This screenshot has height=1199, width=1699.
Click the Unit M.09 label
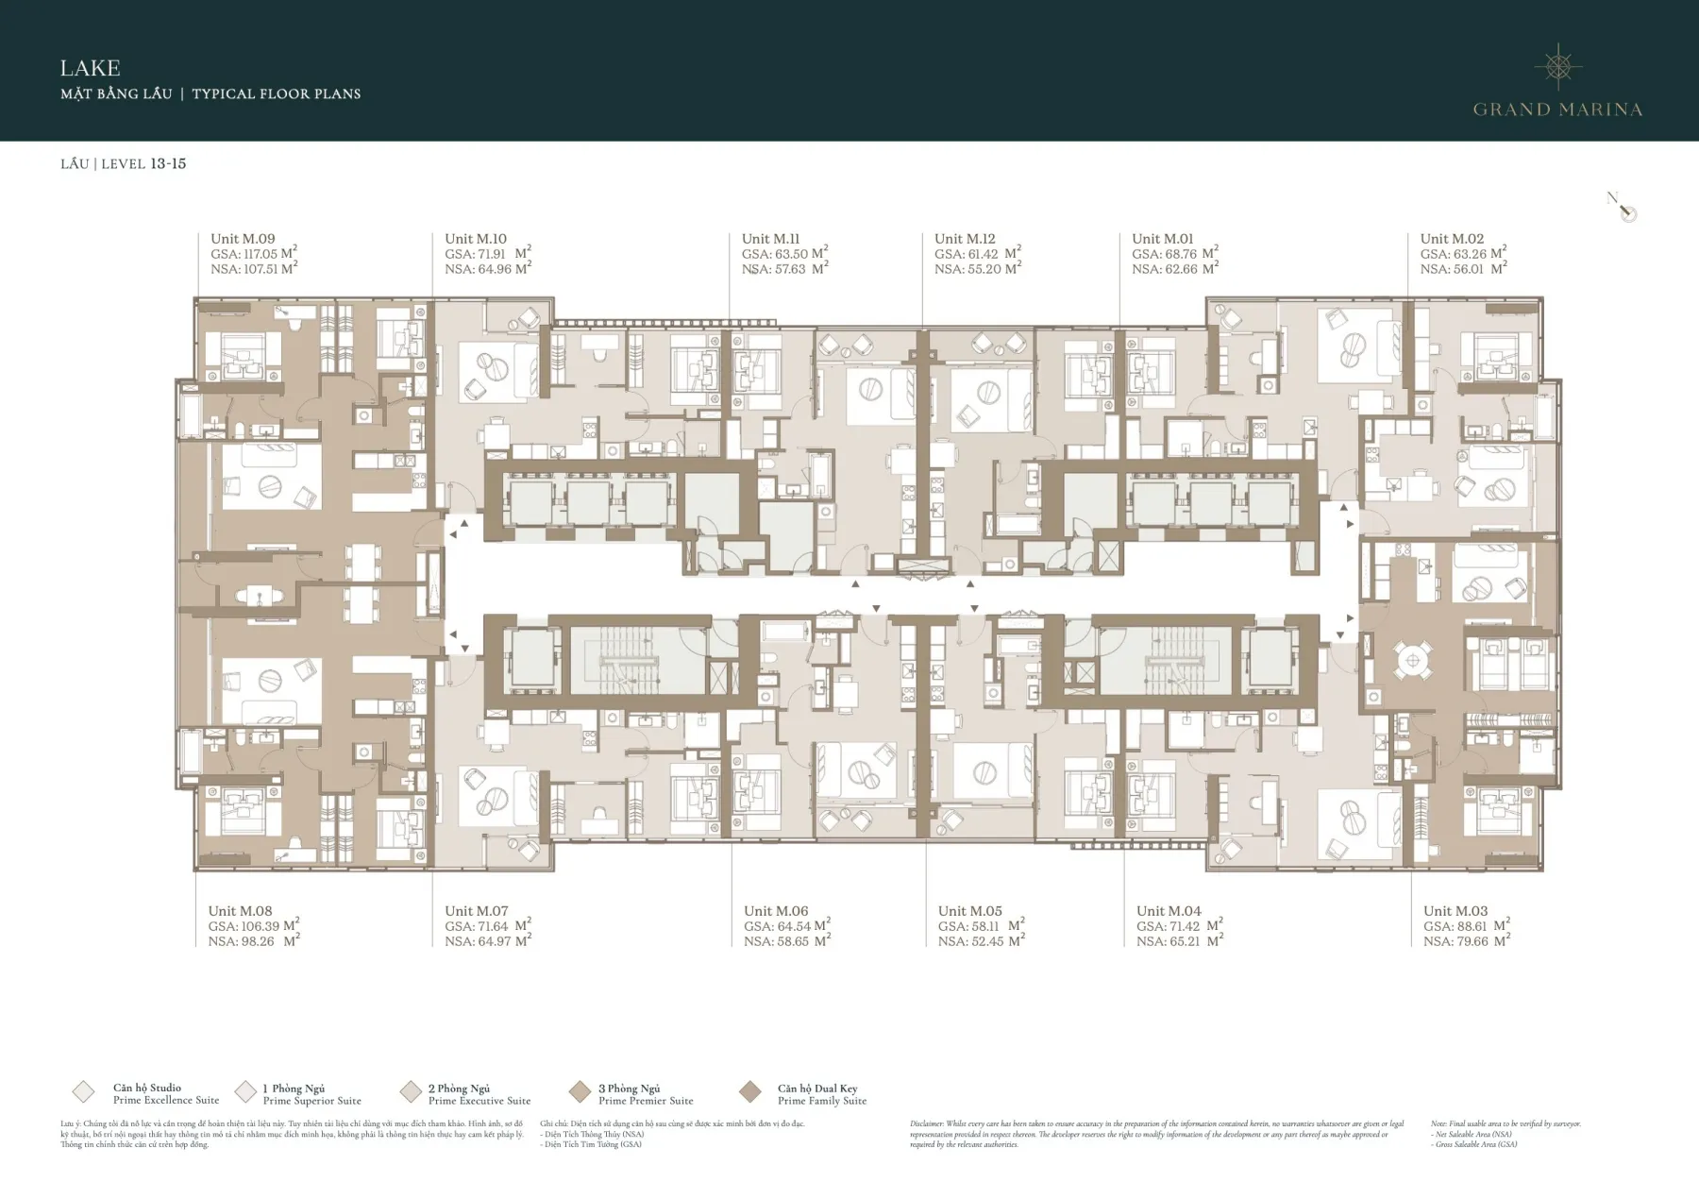(243, 239)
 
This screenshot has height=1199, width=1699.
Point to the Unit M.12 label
(965, 239)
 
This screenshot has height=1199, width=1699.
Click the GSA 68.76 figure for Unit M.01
(1174, 254)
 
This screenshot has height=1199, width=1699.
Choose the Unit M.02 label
(1452, 239)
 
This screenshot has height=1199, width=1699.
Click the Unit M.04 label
(1169, 911)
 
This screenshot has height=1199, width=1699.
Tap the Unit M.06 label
(776, 911)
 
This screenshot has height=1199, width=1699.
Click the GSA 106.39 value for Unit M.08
(253, 926)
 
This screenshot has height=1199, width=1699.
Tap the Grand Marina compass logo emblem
(1557, 66)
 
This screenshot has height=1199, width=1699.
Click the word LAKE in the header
(90, 68)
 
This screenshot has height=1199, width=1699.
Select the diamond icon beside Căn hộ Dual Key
(750, 1092)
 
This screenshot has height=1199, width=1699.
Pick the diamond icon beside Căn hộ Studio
(83, 1092)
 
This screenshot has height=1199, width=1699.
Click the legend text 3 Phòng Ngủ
(629, 1089)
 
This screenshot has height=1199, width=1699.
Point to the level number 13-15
(168, 163)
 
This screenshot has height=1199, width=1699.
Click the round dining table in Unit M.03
(1413, 660)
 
